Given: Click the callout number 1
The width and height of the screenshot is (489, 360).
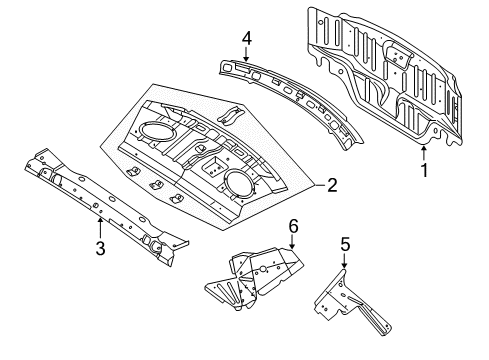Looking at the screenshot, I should (x=423, y=170).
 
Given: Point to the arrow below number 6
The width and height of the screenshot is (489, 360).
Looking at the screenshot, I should (x=292, y=245).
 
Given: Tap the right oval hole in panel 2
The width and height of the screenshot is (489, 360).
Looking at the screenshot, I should (x=240, y=182).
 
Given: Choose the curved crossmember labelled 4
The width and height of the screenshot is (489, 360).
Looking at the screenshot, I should (x=290, y=95).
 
